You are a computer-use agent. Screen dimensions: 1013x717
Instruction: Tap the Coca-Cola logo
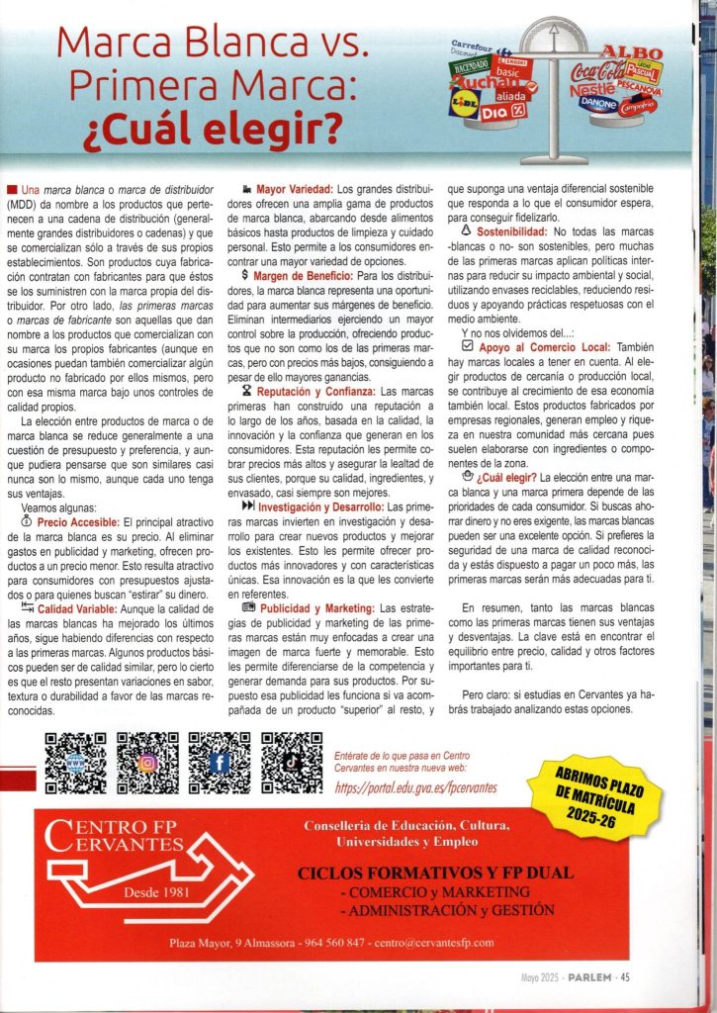(x=597, y=71)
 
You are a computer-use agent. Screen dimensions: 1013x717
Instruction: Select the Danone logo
(x=597, y=102)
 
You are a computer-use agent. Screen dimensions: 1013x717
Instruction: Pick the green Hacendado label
(x=471, y=65)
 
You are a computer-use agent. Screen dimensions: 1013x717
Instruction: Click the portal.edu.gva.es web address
(x=415, y=786)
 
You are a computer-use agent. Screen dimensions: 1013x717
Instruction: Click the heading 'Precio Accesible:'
(x=78, y=520)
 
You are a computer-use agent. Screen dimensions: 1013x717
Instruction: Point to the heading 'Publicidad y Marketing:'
(x=318, y=606)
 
